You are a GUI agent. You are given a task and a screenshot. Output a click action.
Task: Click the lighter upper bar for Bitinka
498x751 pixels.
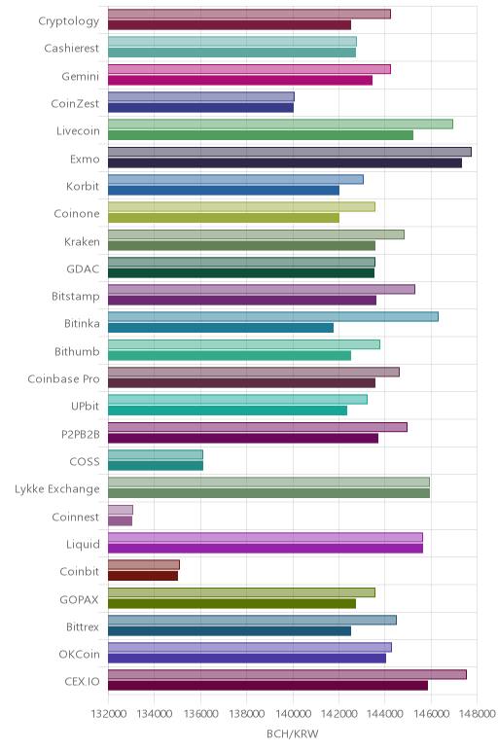point(273,316)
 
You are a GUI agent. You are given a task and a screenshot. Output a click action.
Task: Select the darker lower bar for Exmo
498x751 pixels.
point(285,162)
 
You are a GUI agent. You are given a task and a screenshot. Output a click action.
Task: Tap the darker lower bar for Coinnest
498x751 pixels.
point(121,520)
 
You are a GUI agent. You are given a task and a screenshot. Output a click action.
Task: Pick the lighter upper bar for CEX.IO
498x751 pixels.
point(287,674)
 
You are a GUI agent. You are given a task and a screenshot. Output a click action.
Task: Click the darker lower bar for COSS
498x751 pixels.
point(156,466)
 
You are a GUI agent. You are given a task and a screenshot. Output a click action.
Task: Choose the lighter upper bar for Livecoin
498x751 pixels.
point(280,125)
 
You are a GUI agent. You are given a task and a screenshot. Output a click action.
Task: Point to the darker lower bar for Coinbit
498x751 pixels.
point(143,576)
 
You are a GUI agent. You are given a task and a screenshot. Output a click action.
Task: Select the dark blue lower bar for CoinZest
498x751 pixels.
point(200,108)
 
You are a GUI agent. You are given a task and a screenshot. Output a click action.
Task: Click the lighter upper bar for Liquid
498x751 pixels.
point(266,537)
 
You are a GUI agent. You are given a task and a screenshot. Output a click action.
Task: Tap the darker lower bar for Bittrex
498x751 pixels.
point(230,630)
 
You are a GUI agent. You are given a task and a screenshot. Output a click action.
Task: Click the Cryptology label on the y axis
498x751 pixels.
point(69,21)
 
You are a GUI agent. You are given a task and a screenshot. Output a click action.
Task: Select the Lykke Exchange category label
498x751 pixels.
point(57,489)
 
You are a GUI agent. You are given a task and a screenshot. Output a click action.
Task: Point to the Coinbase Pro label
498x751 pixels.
point(63,378)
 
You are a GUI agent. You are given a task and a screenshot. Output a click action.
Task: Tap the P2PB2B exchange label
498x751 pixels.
point(81,434)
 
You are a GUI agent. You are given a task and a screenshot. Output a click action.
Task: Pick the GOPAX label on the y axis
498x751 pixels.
point(80,599)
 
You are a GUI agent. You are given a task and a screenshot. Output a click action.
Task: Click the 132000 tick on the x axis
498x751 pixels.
point(109,714)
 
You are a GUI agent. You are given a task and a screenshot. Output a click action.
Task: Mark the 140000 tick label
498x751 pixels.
point(293,714)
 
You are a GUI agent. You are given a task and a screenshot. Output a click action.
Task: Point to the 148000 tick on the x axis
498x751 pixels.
point(478,714)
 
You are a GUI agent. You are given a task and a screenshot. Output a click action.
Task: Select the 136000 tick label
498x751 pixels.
point(200,714)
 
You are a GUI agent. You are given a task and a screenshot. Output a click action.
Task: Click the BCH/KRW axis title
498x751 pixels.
point(293,734)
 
